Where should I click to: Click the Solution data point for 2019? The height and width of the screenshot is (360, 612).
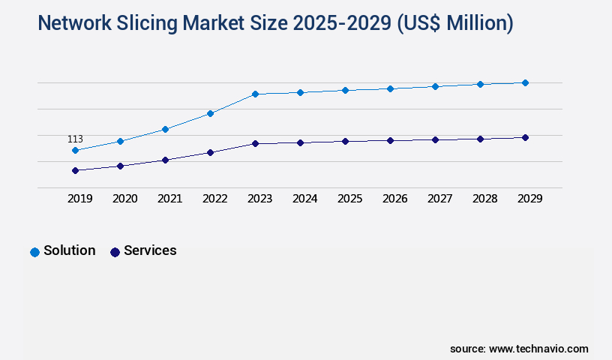[x=75, y=150]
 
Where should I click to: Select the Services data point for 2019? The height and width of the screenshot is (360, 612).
[x=75, y=170]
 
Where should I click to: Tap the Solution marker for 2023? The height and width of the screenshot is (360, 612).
[x=255, y=94]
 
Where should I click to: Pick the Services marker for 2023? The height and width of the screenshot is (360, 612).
[x=255, y=143]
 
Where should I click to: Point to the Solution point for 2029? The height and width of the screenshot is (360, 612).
[x=525, y=82]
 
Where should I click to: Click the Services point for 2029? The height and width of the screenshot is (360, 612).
[x=525, y=137]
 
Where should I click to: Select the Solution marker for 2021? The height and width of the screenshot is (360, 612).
[x=165, y=129]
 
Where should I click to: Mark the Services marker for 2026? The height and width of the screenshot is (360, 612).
[x=390, y=140]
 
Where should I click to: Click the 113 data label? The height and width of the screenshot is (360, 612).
[x=75, y=139]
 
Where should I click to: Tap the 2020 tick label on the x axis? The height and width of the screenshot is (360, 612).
[x=124, y=199]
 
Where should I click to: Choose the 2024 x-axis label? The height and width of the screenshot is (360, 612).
[x=304, y=199]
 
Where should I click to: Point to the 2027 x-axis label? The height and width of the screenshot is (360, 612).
[x=439, y=199]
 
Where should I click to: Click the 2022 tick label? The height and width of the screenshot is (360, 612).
[x=214, y=199]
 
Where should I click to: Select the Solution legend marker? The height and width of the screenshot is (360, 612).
[x=34, y=252]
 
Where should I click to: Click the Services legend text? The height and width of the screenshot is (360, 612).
[x=150, y=250]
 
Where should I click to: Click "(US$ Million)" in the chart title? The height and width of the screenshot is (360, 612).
[x=453, y=23]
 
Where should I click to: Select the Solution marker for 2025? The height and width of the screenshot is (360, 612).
[x=345, y=90]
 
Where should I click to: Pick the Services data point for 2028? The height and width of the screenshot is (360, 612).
[x=480, y=139]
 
